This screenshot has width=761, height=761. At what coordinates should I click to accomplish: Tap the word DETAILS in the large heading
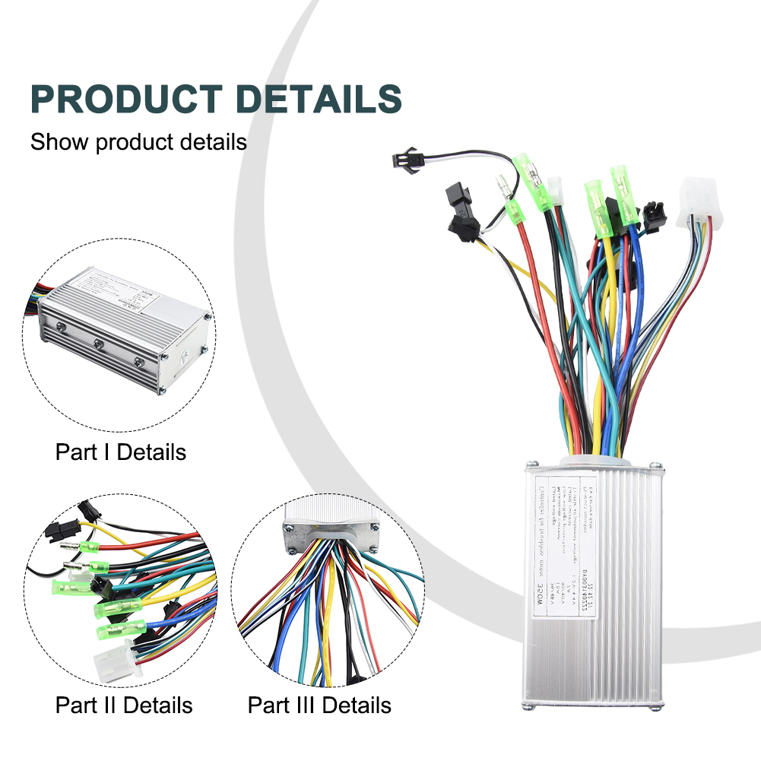tap(320, 100)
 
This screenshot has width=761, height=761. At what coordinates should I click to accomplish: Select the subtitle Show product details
tap(138, 142)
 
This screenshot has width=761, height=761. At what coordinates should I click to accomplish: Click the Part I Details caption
tap(120, 452)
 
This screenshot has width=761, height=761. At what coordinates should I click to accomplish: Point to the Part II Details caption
tap(124, 705)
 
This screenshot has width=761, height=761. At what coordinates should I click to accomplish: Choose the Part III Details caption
tap(319, 705)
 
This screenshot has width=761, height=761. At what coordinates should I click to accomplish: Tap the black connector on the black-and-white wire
tap(401, 160)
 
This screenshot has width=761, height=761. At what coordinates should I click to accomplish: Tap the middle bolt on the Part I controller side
tap(99, 344)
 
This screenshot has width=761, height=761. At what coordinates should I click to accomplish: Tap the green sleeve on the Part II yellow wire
tap(88, 567)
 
